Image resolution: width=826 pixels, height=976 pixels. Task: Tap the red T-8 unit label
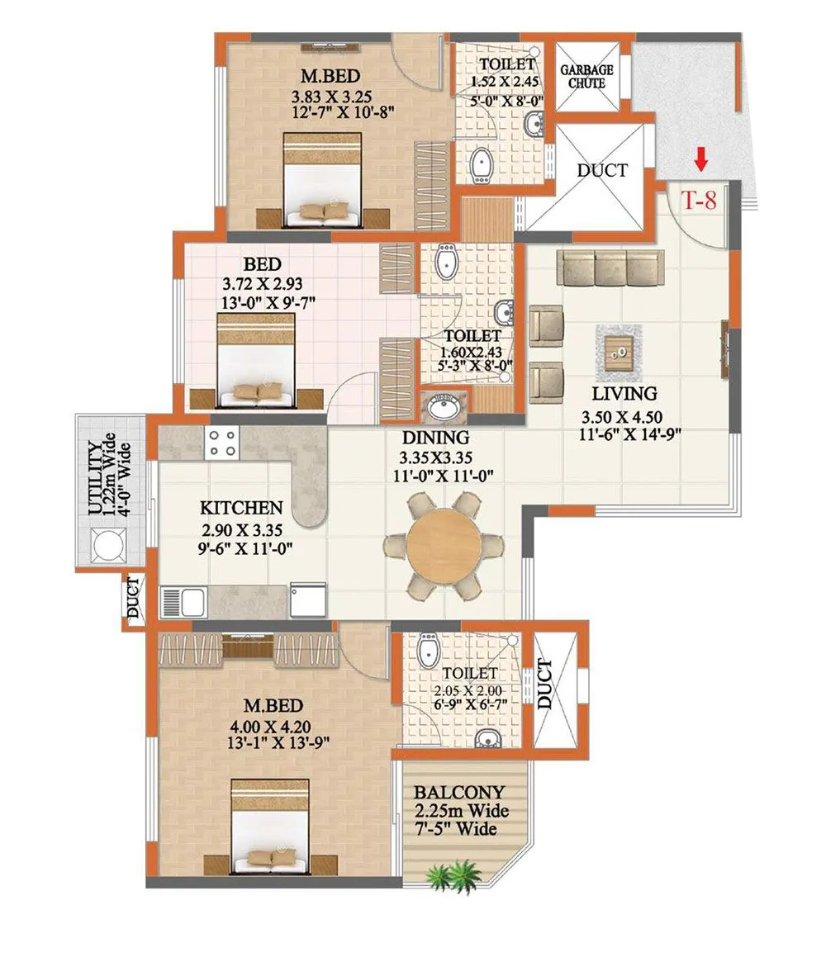pos(698,200)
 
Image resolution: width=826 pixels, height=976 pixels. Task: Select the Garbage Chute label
pos(587,77)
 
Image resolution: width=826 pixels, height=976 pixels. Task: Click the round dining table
pos(444,546)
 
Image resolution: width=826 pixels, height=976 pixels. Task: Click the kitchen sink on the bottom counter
pos(182,600)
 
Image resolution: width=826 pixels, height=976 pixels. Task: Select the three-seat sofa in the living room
pos(610,268)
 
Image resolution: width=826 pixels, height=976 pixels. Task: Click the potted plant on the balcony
pos(453,873)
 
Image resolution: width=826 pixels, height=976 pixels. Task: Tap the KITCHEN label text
pos(242,508)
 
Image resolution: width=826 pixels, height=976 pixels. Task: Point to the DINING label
pos(436,438)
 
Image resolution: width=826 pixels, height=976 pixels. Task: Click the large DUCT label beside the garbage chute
pos(601,171)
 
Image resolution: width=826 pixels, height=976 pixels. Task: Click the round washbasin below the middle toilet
pos(447,407)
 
